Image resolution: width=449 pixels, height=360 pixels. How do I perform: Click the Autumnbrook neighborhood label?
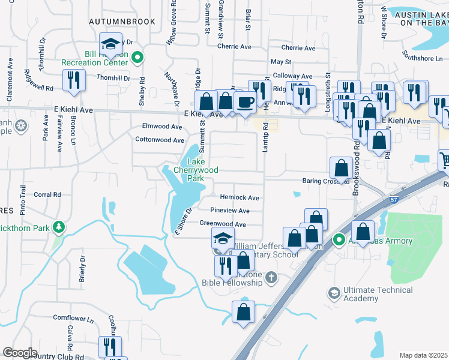tap(122, 22)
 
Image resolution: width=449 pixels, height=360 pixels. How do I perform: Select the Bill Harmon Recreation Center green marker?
tap(137, 58)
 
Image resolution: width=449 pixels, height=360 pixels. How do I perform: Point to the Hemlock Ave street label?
tap(240, 197)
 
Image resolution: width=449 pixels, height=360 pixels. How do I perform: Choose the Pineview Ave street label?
tap(230, 211)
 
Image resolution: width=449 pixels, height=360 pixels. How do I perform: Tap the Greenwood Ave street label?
tap(223, 224)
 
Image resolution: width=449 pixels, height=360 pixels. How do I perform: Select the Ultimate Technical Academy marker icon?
tap(334, 293)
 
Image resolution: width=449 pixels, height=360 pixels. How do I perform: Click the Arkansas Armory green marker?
tap(339, 241)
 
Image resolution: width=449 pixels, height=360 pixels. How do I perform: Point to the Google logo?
tap(20, 352)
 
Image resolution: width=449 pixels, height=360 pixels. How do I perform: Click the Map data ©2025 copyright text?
tap(423, 355)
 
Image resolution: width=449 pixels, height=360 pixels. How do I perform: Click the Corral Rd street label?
tap(47, 194)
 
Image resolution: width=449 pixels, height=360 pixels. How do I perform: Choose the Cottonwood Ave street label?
tap(160, 140)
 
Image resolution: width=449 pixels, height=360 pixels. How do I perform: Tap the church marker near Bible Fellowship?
tap(271, 277)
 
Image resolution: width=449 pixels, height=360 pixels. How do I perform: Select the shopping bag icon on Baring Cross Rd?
tap(341, 170)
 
